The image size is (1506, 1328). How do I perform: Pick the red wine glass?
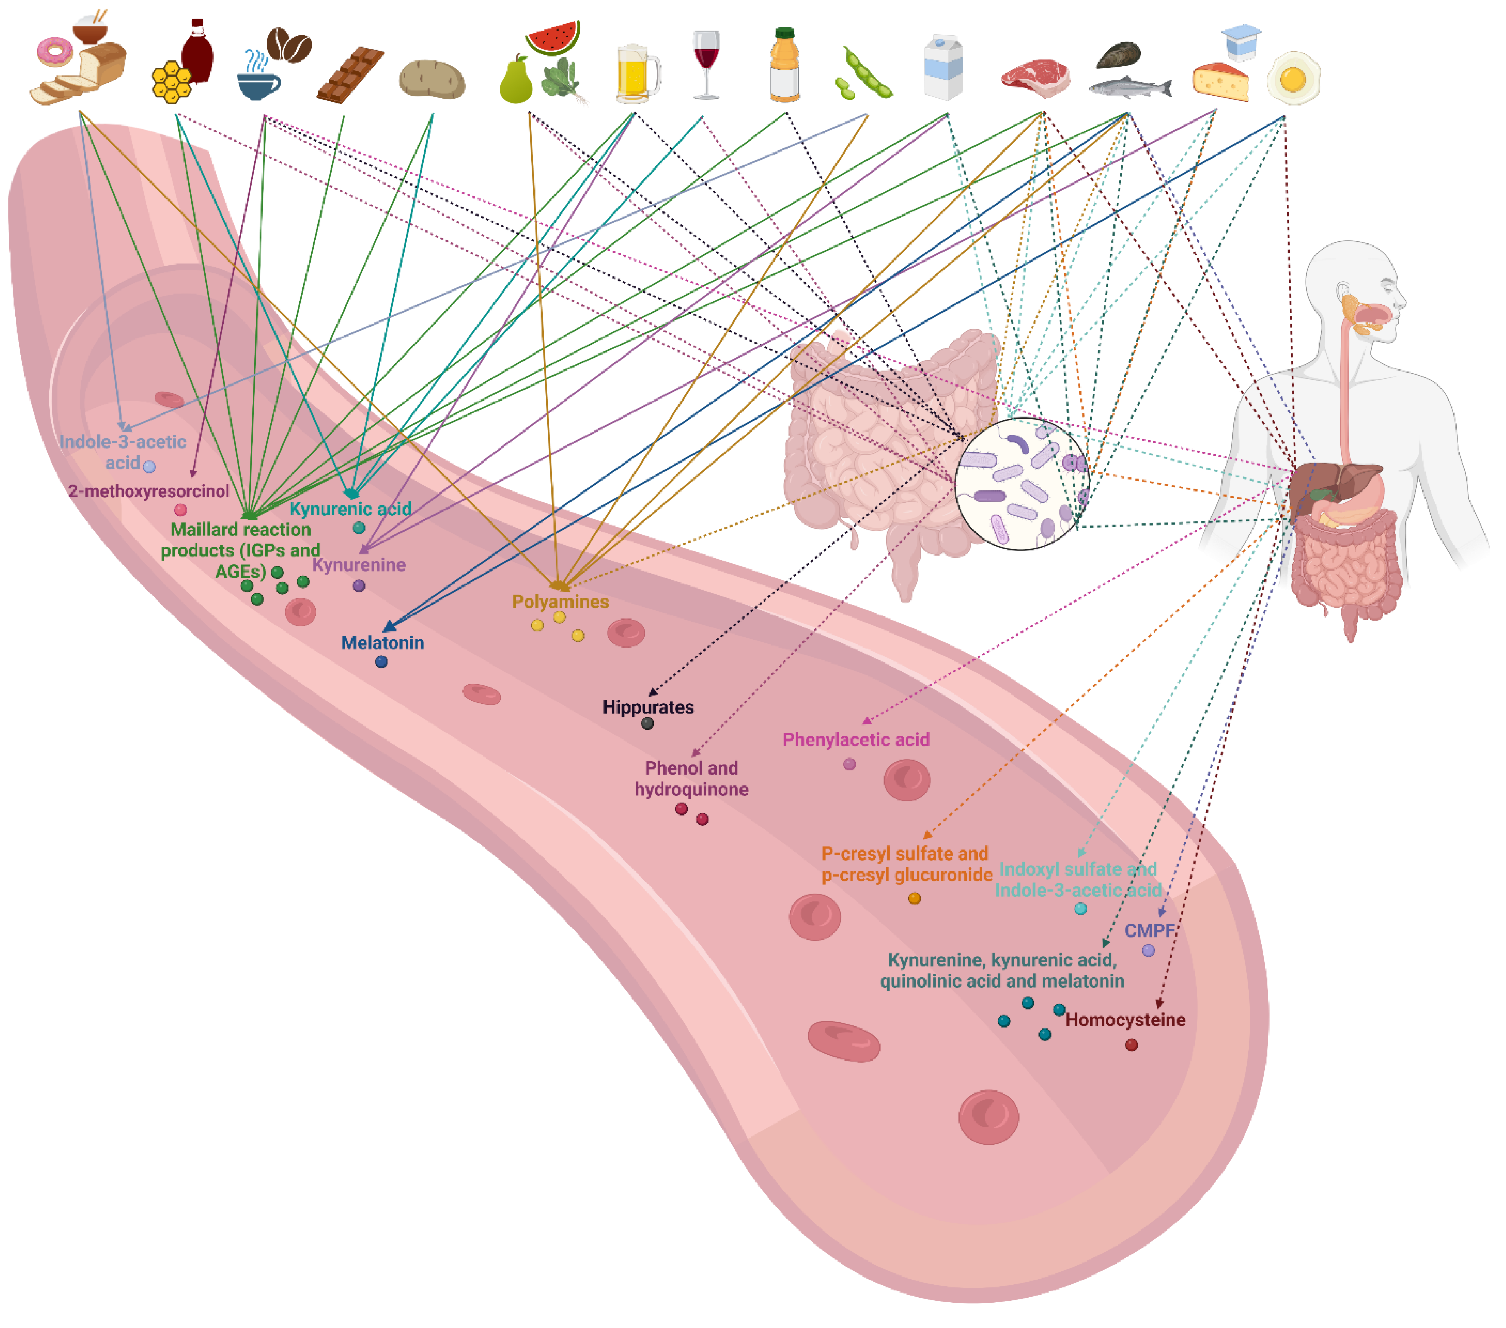(706, 63)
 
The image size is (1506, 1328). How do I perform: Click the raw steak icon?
(1035, 78)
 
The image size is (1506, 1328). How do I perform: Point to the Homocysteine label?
(1125, 1019)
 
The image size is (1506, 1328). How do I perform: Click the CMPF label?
(1149, 930)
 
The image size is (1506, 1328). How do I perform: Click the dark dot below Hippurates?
(647, 724)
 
